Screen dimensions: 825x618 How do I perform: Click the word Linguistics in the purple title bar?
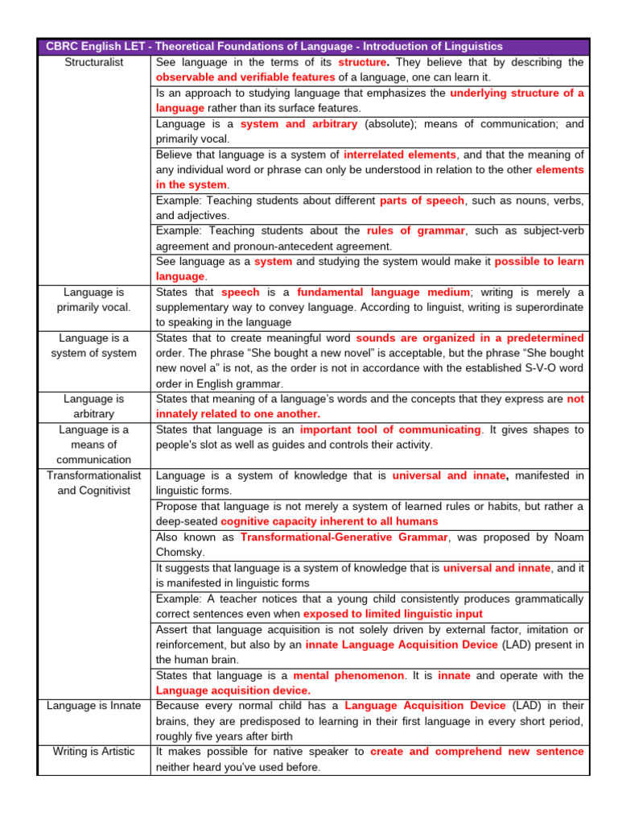tap(469, 46)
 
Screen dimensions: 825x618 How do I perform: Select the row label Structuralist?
tap(93, 62)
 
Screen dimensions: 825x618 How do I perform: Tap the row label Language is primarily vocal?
tap(93, 300)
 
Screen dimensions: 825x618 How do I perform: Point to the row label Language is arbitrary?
tap(93, 406)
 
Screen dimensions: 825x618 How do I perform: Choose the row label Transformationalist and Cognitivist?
tap(93, 483)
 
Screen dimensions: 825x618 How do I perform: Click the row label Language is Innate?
tap(93, 706)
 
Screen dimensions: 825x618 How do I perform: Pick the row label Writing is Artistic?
tap(93, 752)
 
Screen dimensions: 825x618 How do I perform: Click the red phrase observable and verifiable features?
tap(245, 77)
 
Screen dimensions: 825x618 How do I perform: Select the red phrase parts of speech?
tap(422, 201)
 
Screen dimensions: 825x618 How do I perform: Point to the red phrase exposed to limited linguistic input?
tap(393, 614)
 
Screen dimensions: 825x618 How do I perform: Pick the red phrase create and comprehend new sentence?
tap(477, 752)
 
